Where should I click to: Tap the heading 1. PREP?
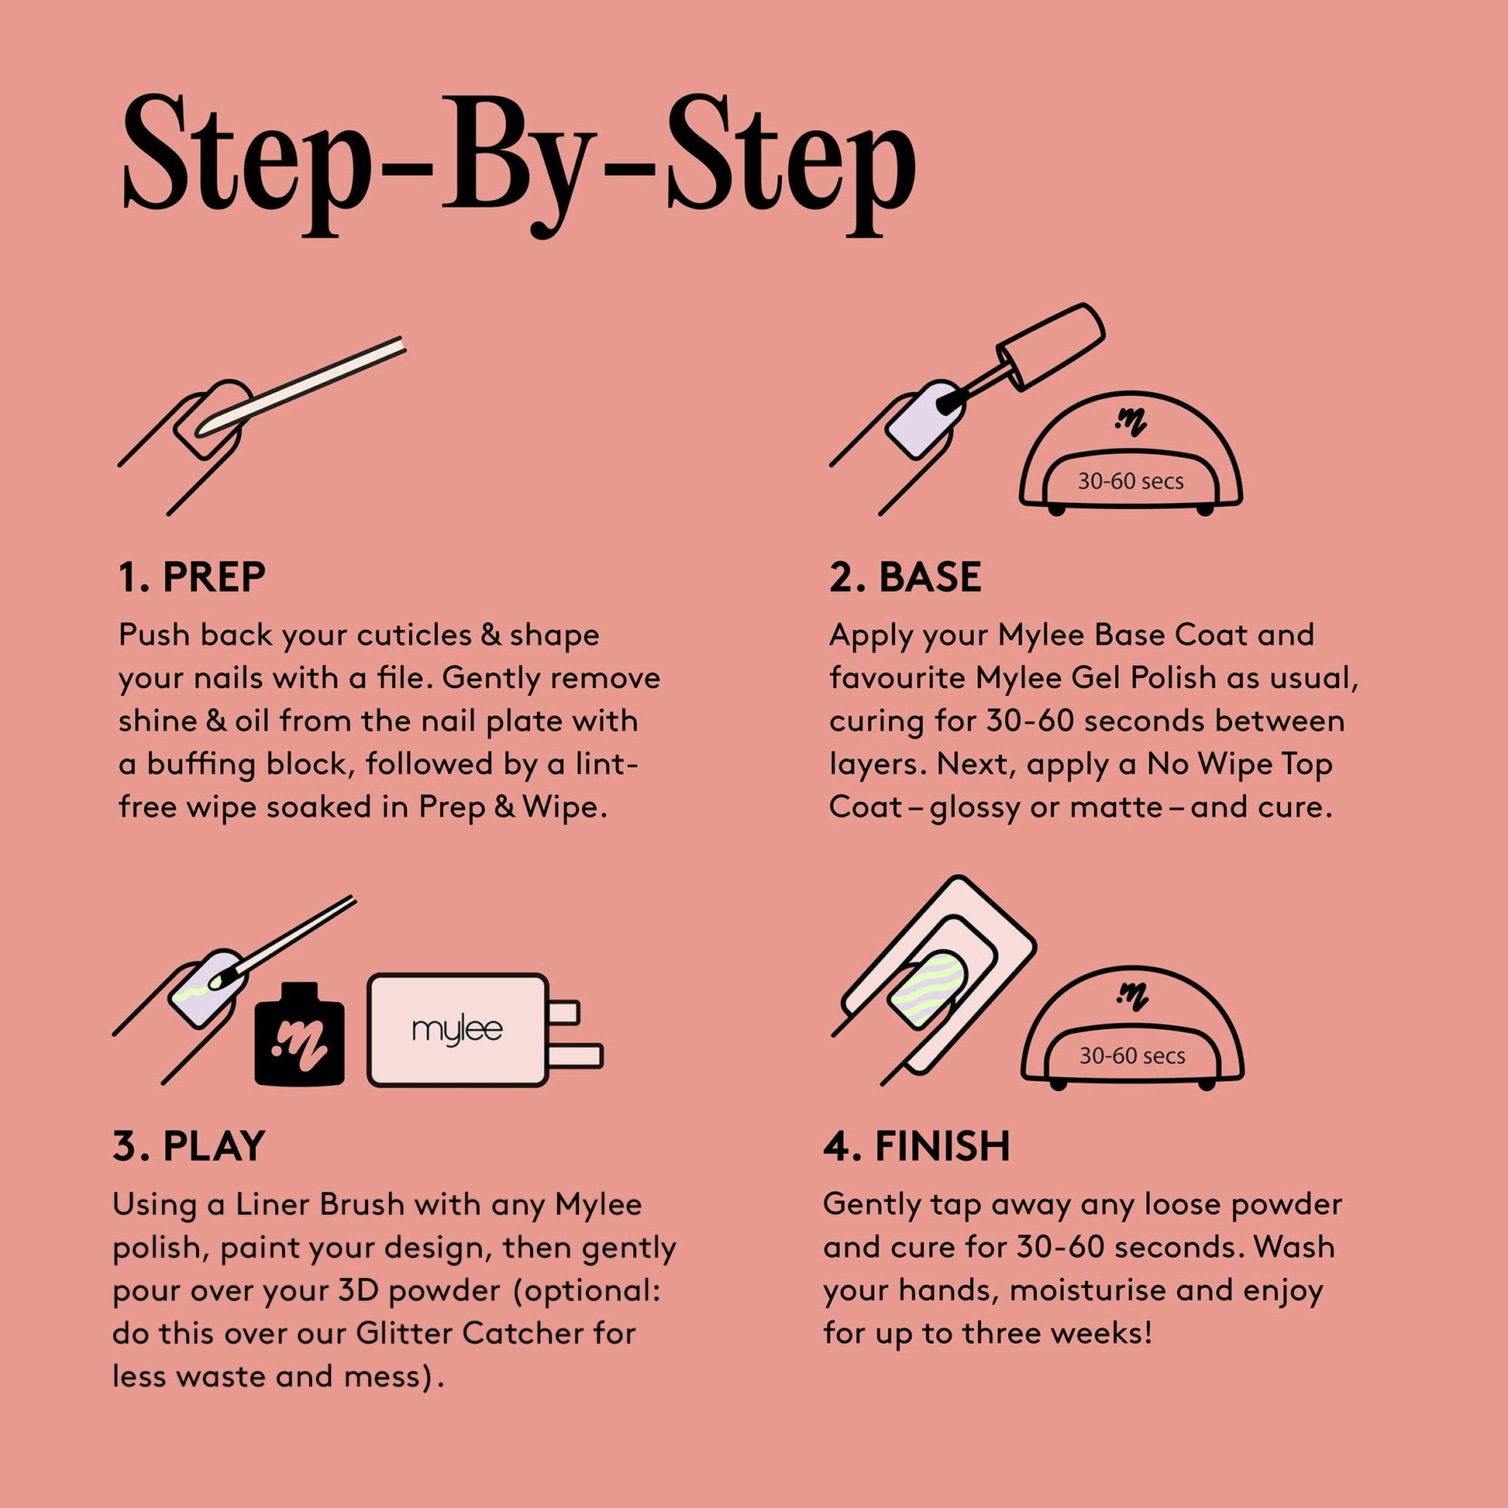click(x=192, y=577)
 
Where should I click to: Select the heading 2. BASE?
click(x=904, y=577)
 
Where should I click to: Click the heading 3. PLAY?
click(x=189, y=1146)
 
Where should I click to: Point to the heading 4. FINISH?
click(x=917, y=1146)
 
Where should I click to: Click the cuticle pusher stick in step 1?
click(x=300, y=387)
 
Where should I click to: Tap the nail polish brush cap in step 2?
click(x=1051, y=346)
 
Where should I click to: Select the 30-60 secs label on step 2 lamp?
click(x=1130, y=480)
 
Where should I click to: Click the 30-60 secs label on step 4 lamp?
click(x=1132, y=1056)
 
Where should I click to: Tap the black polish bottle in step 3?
click(x=300, y=1034)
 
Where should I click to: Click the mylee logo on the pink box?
click(x=457, y=1031)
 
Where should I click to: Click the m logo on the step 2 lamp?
click(x=1130, y=423)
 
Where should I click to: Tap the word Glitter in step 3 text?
click(x=405, y=1333)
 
